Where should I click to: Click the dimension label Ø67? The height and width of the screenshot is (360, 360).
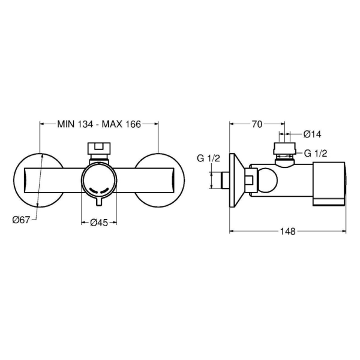coord(21,220)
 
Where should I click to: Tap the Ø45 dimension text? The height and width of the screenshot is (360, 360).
coord(99,223)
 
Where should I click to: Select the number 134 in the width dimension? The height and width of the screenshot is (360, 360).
coord(85,124)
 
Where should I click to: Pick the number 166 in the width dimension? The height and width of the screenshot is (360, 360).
coord(133,124)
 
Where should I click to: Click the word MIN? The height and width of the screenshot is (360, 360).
coord(66,124)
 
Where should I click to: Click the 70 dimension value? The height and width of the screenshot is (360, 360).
coord(257,124)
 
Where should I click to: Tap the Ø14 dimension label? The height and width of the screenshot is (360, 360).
coord(312,134)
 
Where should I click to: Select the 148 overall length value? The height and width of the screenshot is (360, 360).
coord(287,232)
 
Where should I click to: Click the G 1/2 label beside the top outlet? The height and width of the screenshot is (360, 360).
coord(316,153)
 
